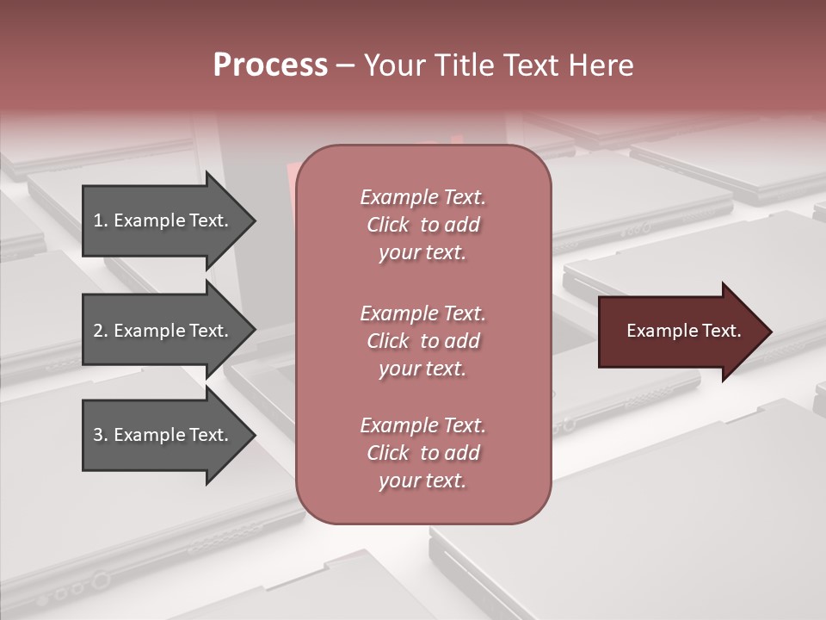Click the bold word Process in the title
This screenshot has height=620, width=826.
(x=270, y=65)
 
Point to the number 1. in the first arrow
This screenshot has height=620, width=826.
(x=101, y=220)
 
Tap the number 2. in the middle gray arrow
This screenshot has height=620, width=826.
(x=101, y=331)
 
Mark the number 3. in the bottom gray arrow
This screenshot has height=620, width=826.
(x=101, y=435)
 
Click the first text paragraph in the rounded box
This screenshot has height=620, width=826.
(x=422, y=225)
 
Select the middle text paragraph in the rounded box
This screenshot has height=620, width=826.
(x=422, y=341)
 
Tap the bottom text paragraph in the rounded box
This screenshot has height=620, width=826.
(x=422, y=453)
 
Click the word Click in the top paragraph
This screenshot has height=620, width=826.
(x=388, y=225)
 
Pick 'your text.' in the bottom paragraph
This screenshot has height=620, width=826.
(x=422, y=480)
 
